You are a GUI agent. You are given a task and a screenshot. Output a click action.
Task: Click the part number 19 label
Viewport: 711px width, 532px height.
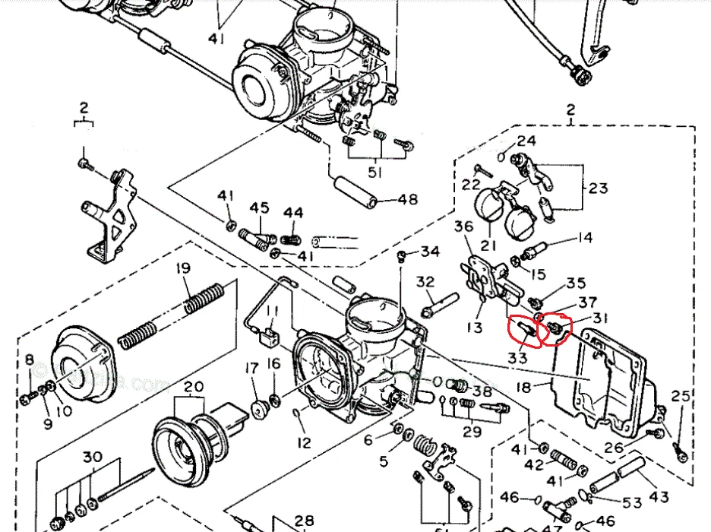[x=182, y=268]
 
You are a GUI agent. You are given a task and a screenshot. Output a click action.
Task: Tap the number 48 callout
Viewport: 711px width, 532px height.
[x=408, y=201]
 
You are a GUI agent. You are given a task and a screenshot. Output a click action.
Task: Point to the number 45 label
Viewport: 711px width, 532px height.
[x=260, y=207]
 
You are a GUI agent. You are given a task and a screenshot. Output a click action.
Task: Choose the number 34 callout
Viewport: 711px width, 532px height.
[x=430, y=252]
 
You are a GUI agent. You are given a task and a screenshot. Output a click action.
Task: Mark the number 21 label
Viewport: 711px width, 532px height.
[x=487, y=245]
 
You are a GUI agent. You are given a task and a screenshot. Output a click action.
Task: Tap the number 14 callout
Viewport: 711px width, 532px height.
[x=583, y=238]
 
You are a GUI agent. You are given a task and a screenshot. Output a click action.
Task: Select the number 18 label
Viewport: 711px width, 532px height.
[x=523, y=387]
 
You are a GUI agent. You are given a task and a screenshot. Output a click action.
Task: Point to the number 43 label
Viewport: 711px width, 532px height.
[x=659, y=497]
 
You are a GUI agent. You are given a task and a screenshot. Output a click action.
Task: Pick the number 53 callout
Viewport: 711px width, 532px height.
[x=632, y=502]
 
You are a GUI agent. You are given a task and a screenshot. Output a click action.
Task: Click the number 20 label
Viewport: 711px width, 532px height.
[x=194, y=387]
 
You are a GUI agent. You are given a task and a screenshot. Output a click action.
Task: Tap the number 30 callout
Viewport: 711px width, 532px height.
[x=92, y=458]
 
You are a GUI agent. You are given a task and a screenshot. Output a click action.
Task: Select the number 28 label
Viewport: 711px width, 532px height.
[x=304, y=521]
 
